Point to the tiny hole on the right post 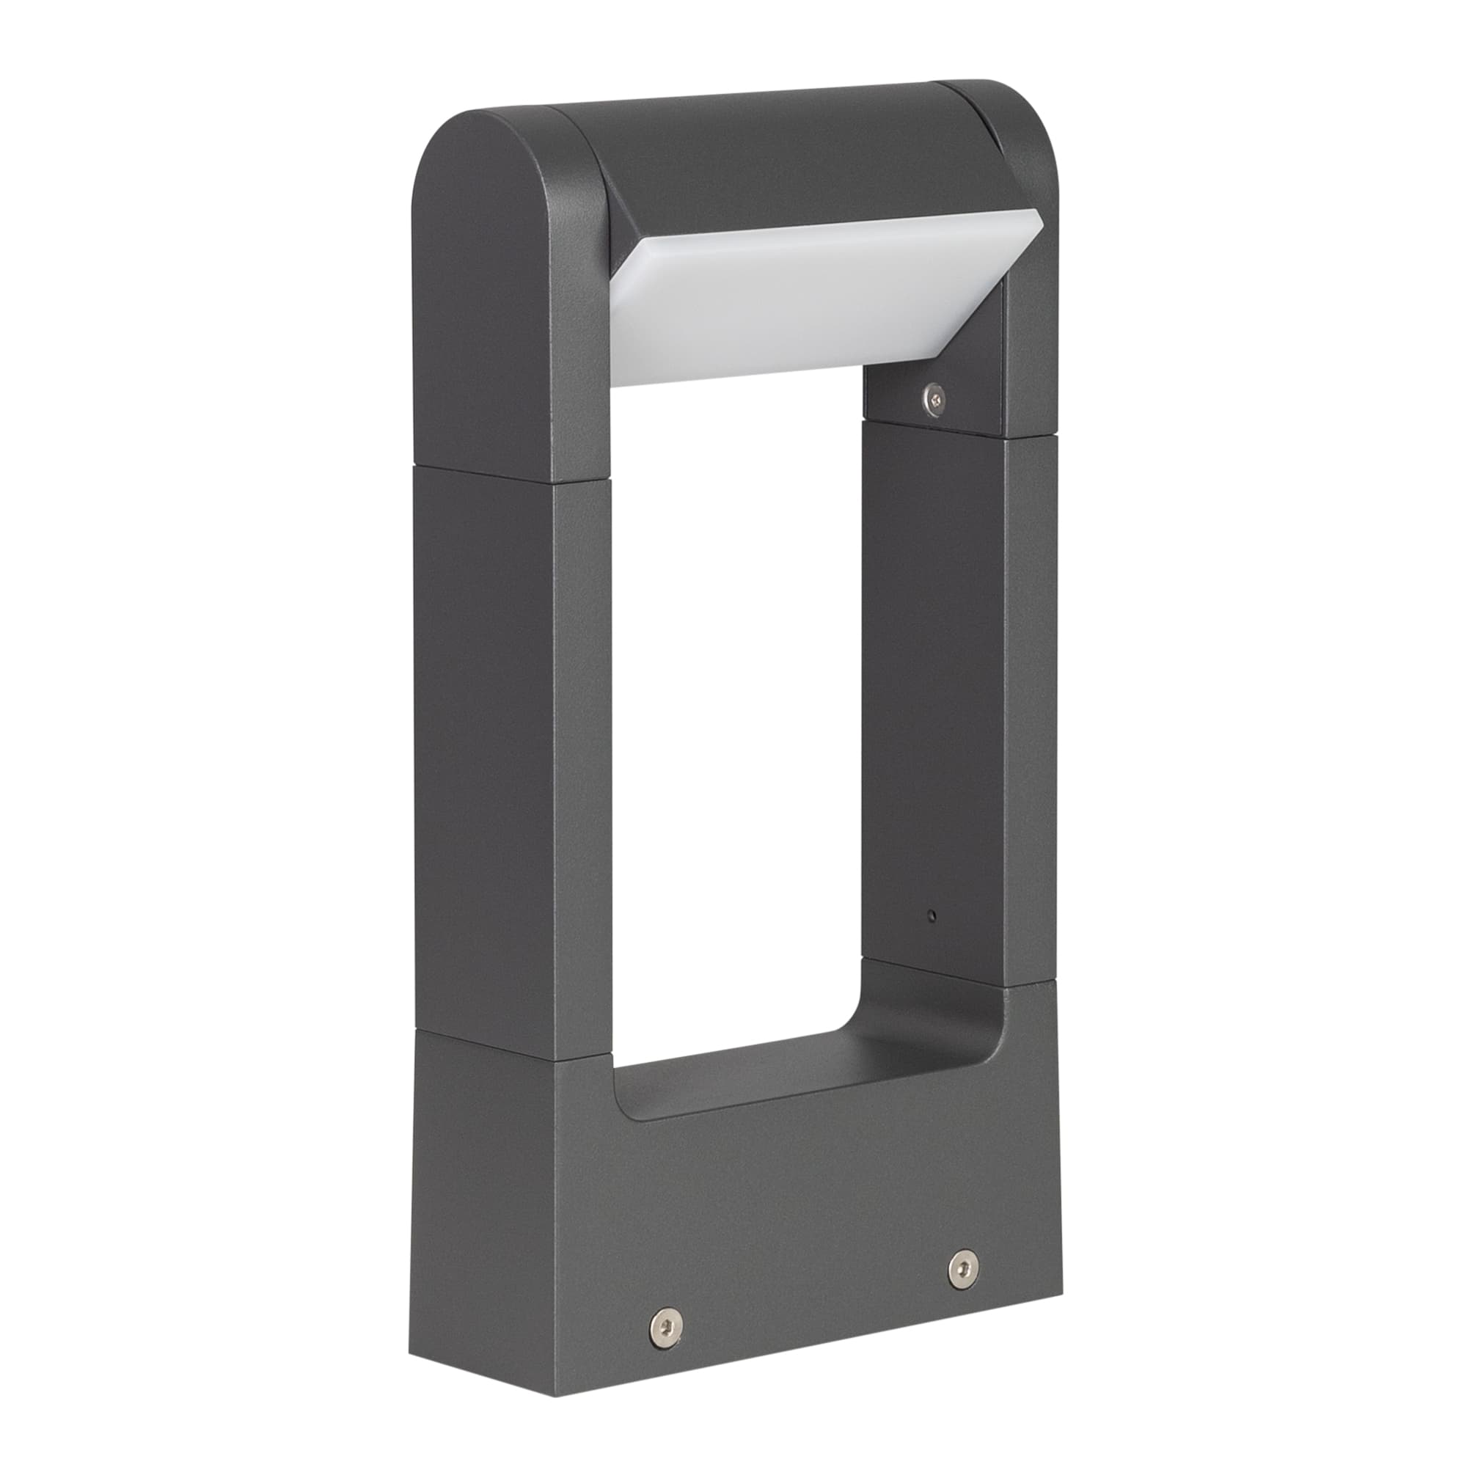pos(934,915)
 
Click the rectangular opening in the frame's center pos(736,684)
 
